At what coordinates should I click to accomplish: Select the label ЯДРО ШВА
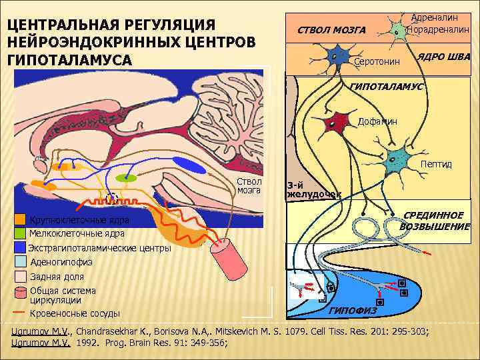443,57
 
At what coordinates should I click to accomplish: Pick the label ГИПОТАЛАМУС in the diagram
386,87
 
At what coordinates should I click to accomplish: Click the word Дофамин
377,121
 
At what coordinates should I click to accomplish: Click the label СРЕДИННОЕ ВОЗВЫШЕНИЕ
435,221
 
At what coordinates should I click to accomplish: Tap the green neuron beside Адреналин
398,31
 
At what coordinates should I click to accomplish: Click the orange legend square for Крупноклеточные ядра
20,220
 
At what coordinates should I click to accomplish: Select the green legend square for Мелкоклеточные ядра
20,233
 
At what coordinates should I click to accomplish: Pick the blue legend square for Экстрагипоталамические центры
20,247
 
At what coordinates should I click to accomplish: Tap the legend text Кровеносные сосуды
75,313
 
